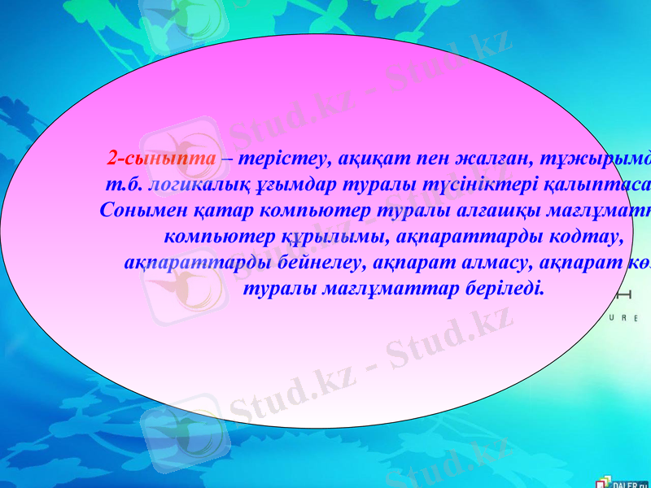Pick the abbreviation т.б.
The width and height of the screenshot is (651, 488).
(120, 184)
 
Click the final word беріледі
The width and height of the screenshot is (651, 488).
(504, 288)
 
